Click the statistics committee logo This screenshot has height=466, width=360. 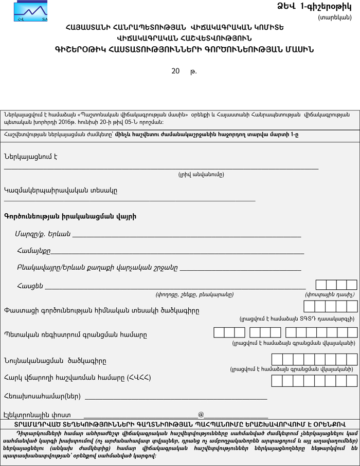pyautogui.click(x=30, y=11)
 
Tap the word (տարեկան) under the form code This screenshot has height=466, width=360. pyautogui.click(x=335, y=17)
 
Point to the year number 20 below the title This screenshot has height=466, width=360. pyautogui.click(x=175, y=71)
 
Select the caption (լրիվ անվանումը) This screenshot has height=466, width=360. pyautogui.click(x=201, y=174)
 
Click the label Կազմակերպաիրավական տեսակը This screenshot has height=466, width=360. pyautogui.click(x=61, y=191)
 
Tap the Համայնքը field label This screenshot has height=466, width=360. pyautogui.click(x=33, y=251)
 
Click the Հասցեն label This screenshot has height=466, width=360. pyautogui.click(x=30, y=286)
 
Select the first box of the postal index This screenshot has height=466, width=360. pyautogui.click(x=321, y=285)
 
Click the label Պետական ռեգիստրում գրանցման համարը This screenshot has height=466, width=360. pyautogui.click(x=76, y=335)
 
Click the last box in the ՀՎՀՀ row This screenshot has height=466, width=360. pyautogui.click(x=352, y=381)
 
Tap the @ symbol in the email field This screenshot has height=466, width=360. pyautogui.click(x=201, y=414)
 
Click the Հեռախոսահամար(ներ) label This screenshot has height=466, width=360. pyautogui.click(x=42, y=396)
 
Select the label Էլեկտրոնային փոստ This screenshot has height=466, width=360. pyautogui.click(x=37, y=414)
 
